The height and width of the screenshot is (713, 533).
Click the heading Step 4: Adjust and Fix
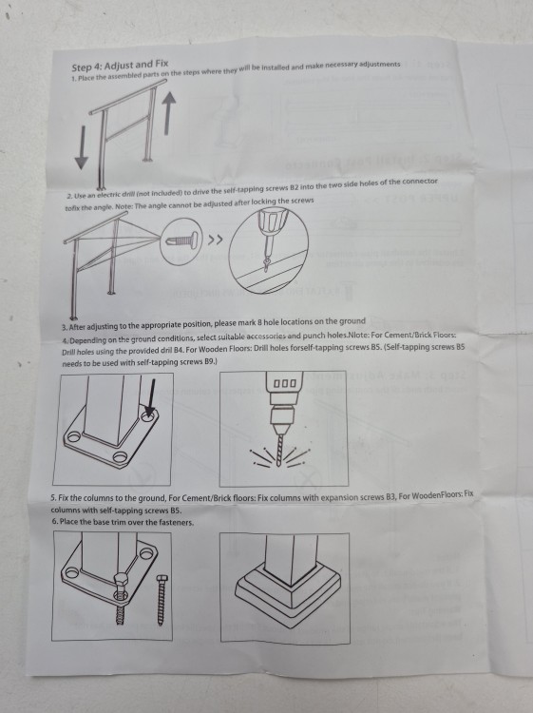[120, 66]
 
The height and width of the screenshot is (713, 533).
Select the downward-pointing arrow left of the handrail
[82, 147]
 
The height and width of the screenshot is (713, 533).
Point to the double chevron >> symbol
[216, 240]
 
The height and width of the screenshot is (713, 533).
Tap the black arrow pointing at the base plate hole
[150, 398]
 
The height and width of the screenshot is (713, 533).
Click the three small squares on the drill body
[285, 384]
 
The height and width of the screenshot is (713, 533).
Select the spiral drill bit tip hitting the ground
[278, 449]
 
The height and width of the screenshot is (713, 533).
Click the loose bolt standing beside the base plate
[162, 599]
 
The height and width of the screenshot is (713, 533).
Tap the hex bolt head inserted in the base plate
[121, 581]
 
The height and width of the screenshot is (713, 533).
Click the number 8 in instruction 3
[260, 322]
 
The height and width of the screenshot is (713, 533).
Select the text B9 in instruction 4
[209, 362]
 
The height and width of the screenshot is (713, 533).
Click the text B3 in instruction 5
[390, 496]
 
